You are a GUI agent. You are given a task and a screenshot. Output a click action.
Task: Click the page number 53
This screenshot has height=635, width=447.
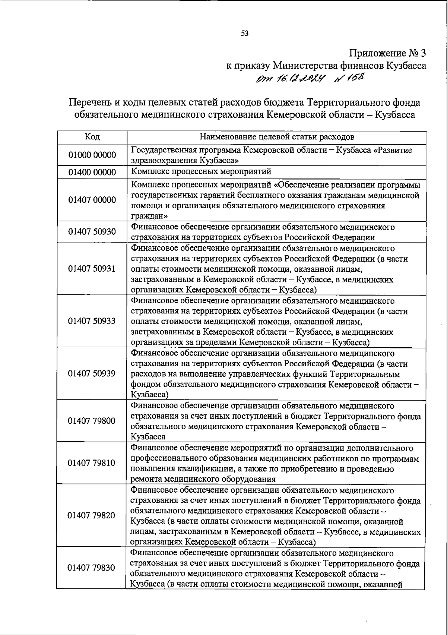click(x=245, y=34)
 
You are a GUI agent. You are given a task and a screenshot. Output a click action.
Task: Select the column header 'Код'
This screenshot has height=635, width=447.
click(x=92, y=137)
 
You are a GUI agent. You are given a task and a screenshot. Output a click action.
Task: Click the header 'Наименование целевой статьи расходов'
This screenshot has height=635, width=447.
click(x=277, y=137)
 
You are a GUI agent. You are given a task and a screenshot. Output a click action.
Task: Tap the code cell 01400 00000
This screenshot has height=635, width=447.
click(x=92, y=173)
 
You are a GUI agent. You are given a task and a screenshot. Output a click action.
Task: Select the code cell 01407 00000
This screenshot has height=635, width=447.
click(x=92, y=200)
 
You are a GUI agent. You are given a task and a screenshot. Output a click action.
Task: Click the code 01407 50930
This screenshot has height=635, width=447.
click(x=92, y=232)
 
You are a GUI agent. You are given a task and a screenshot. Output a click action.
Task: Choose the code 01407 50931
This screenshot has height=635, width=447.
click(x=92, y=269)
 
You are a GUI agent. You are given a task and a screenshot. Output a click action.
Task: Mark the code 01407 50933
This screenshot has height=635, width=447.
click(x=92, y=321)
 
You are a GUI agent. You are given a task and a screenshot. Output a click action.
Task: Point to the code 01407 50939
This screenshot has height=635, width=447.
click(x=92, y=373)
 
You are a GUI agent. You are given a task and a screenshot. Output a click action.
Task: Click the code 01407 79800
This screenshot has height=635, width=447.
click(x=92, y=421)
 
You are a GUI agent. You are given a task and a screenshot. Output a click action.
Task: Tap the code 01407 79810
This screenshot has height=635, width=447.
click(x=92, y=463)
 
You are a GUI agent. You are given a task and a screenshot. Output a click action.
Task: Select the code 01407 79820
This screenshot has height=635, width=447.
click(x=92, y=515)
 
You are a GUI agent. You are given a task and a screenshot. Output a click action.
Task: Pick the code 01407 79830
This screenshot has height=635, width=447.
click(x=92, y=568)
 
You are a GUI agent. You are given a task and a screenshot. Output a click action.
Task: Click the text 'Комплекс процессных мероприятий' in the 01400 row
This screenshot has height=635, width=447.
click(x=201, y=171)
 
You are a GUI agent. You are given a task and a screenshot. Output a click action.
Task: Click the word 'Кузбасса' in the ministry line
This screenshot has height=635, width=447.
click(x=406, y=66)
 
